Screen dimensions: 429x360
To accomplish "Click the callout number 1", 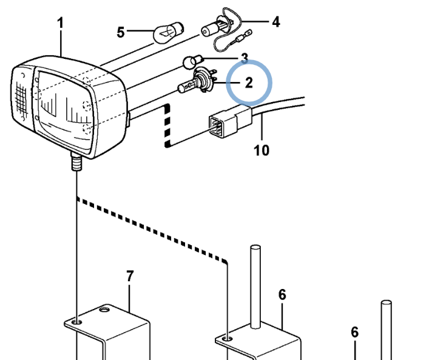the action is (x=61, y=23).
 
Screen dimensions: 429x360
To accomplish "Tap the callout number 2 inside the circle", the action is (x=249, y=83).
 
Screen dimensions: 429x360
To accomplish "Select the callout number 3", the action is (x=245, y=58).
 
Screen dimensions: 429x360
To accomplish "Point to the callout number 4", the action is (x=275, y=22).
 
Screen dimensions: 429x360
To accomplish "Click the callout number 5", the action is (x=121, y=32).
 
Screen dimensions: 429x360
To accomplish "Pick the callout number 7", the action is (x=130, y=276).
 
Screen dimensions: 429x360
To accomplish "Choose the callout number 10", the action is (x=262, y=150).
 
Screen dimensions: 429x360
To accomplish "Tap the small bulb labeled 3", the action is (x=193, y=62).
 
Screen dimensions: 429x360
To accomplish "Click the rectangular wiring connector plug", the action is (x=230, y=122).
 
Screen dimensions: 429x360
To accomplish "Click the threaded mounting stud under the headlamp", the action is (x=77, y=162).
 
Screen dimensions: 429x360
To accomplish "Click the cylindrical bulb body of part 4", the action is (x=210, y=30).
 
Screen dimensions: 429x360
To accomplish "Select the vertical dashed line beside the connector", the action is (x=167, y=126).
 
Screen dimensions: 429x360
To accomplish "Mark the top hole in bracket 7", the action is (x=104, y=310).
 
